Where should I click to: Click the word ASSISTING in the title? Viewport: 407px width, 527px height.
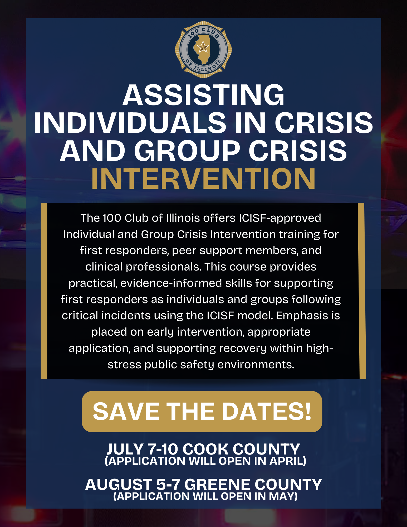pos(204,95)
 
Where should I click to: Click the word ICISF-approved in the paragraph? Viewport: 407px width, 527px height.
pos(280,218)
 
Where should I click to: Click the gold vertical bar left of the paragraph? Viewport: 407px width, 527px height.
pos(44,291)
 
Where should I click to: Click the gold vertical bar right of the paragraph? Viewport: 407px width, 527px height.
pos(362,291)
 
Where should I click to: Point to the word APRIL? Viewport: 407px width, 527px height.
pos(286,461)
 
